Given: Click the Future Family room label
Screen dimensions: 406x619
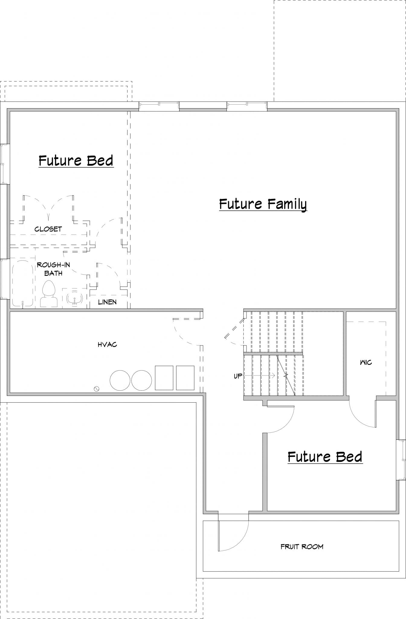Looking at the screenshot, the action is [x=263, y=204].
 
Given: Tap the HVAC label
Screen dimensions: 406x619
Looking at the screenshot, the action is [x=107, y=345].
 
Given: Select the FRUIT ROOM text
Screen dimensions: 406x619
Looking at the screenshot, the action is [x=302, y=546].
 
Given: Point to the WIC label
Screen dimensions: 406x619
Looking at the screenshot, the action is [x=366, y=362].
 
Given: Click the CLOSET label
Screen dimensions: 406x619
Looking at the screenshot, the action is [x=48, y=229].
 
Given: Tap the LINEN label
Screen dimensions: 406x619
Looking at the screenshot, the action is [x=107, y=302].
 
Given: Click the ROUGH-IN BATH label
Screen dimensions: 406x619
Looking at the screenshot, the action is [x=53, y=269].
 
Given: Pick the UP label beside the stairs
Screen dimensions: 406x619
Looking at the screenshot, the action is [x=238, y=376].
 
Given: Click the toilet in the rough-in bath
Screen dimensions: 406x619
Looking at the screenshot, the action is [x=49, y=293].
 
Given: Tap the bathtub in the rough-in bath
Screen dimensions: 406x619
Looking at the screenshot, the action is [x=23, y=284].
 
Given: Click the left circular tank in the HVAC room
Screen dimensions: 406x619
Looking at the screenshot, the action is [x=120, y=380].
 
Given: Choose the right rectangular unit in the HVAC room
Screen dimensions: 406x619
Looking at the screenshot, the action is [x=185, y=378].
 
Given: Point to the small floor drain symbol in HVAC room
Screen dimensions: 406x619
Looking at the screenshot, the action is [x=97, y=389].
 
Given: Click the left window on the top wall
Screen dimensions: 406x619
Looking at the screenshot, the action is [x=159, y=106].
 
